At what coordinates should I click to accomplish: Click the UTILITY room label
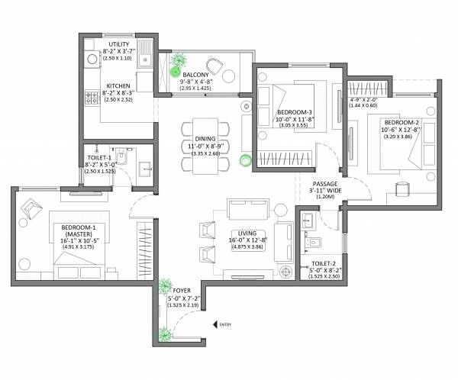coord(119,44)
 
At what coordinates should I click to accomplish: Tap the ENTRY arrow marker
coord(215,325)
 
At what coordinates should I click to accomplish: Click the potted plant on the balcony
coord(181,62)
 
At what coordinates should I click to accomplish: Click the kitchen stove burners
coord(91,97)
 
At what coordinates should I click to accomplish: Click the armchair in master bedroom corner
coord(33,207)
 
